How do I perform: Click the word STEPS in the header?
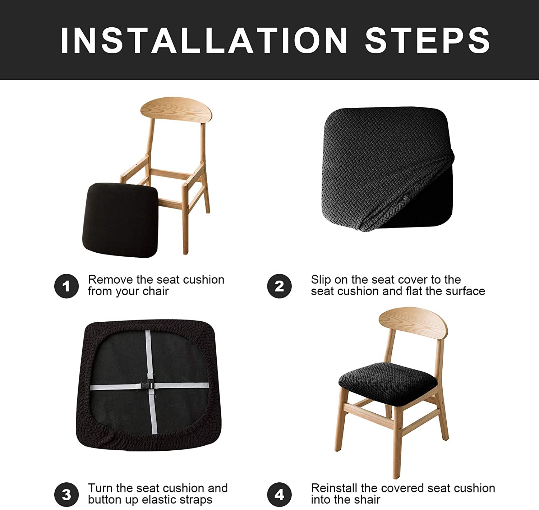pyautogui.click(x=427, y=40)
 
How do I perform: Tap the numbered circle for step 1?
pyautogui.click(x=66, y=286)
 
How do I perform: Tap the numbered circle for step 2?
pyautogui.click(x=279, y=286)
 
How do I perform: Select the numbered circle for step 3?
pyautogui.click(x=66, y=495)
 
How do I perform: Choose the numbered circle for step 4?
pyautogui.click(x=279, y=495)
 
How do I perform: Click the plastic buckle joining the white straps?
pyautogui.click(x=148, y=385)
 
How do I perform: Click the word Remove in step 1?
pyautogui.click(x=110, y=280)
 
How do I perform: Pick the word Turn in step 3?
pyautogui.click(x=100, y=488)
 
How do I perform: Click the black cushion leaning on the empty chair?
pyautogui.click(x=121, y=220)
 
